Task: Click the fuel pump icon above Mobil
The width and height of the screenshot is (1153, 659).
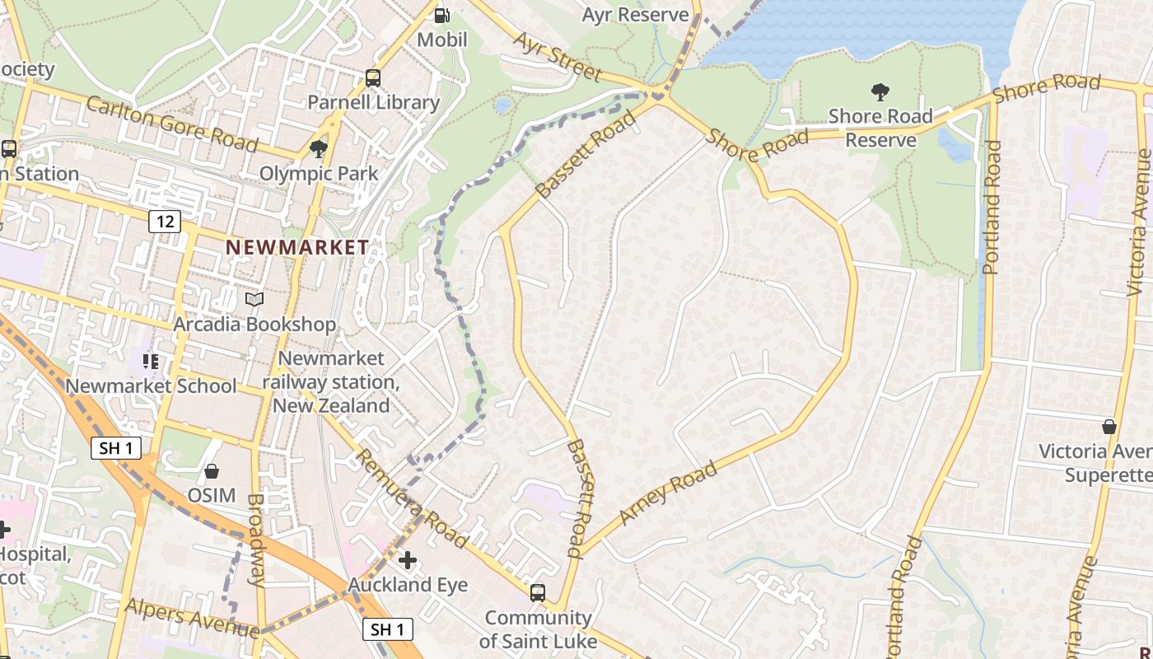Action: pos(442,14)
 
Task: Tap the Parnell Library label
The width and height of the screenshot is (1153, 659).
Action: pos(373,102)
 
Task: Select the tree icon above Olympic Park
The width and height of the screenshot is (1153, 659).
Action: pos(319,149)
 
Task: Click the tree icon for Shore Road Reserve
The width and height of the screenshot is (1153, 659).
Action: pos(880,91)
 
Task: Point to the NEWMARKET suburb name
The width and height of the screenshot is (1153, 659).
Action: pos(297,247)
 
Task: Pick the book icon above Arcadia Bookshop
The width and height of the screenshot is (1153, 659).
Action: pos(254,300)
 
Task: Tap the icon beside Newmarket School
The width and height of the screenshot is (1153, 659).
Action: pos(150,361)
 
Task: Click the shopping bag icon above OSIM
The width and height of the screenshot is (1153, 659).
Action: pos(212,471)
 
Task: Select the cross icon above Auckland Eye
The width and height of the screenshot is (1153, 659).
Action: pos(408,560)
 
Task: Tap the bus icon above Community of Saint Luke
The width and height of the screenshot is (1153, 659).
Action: pos(538,592)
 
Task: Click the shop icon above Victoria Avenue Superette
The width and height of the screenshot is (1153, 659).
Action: pos(1109,427)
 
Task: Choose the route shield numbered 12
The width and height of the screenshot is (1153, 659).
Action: pos(165,221)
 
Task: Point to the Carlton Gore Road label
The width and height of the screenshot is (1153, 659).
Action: pos(171,124)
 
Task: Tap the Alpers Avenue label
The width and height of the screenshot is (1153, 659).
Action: pos(192,617)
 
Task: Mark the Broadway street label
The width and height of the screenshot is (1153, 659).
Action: pos(257,540)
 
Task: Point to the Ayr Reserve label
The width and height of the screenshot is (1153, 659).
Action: pos(635,15)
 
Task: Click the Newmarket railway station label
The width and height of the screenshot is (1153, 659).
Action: pos(331,382)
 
